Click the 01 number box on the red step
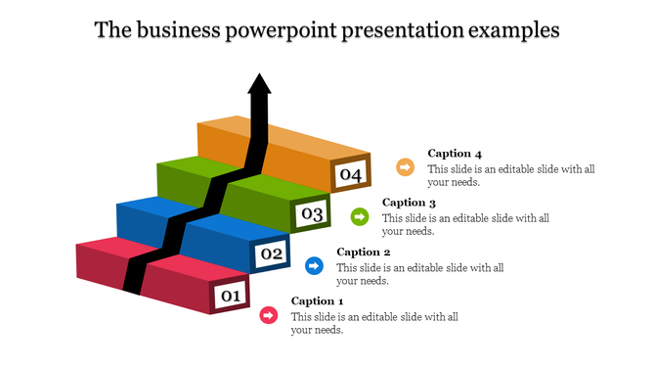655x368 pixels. tap(230, 295)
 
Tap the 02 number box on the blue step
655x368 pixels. tap(271, 254)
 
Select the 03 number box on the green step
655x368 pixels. tap(312, 213)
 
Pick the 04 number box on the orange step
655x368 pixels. tap(352, 175)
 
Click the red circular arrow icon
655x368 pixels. tap(268, 315)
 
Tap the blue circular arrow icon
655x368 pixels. tap(314, 265)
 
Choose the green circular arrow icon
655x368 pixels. tap(360, 216)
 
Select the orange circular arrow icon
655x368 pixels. tap(405, 167)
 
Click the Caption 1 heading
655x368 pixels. tap(318, 301)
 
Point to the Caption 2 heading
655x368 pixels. tap(364, 252)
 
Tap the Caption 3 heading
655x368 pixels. tap(410, 203)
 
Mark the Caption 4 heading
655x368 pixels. tap(456, 154)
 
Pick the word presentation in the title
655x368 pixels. tap(405, 30)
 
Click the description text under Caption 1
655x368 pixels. tap(374, 323)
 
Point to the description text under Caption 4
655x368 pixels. tap(511, 175)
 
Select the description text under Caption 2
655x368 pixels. tap(420, 273)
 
